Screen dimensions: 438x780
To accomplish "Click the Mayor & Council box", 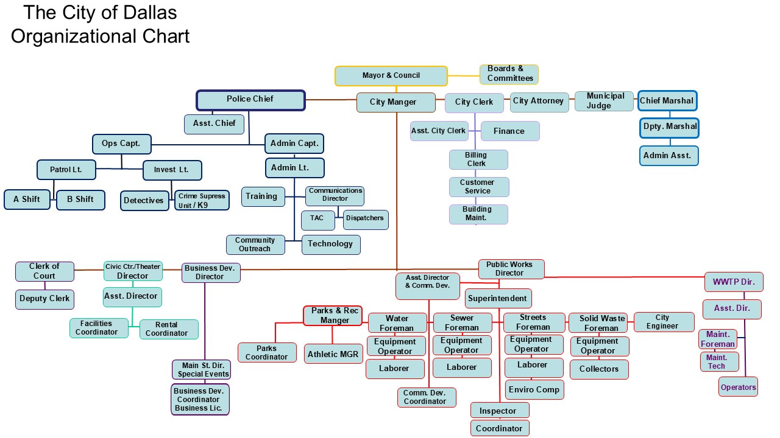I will tap(391, 76).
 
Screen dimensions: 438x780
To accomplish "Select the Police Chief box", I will tap(250, 100).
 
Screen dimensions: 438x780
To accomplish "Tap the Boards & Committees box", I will tap(509, 74).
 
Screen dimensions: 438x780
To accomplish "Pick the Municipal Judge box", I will tap(604, 101).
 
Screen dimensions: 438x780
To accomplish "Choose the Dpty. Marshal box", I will tap(669, 128).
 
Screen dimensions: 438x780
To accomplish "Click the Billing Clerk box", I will tap(478, 160).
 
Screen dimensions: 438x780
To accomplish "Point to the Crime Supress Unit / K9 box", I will tap(202, 201).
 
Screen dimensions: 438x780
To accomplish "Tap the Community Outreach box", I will tap(255, 245).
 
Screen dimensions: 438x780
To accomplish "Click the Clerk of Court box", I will tap(44, 271).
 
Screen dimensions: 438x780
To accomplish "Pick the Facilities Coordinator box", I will tap(99, 328).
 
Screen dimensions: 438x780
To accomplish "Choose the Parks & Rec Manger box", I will tap(333, 316).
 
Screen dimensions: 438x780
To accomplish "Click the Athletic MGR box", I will tap(333, 354).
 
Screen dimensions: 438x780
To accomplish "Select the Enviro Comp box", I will tap(534, 390).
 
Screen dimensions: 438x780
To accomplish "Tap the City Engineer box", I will tap(664, 322).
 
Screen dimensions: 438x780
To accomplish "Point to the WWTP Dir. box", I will tap(734, 282).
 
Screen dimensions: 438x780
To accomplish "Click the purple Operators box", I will tap(738, 387).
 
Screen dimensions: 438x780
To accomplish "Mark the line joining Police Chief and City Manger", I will tap(330, 100).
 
